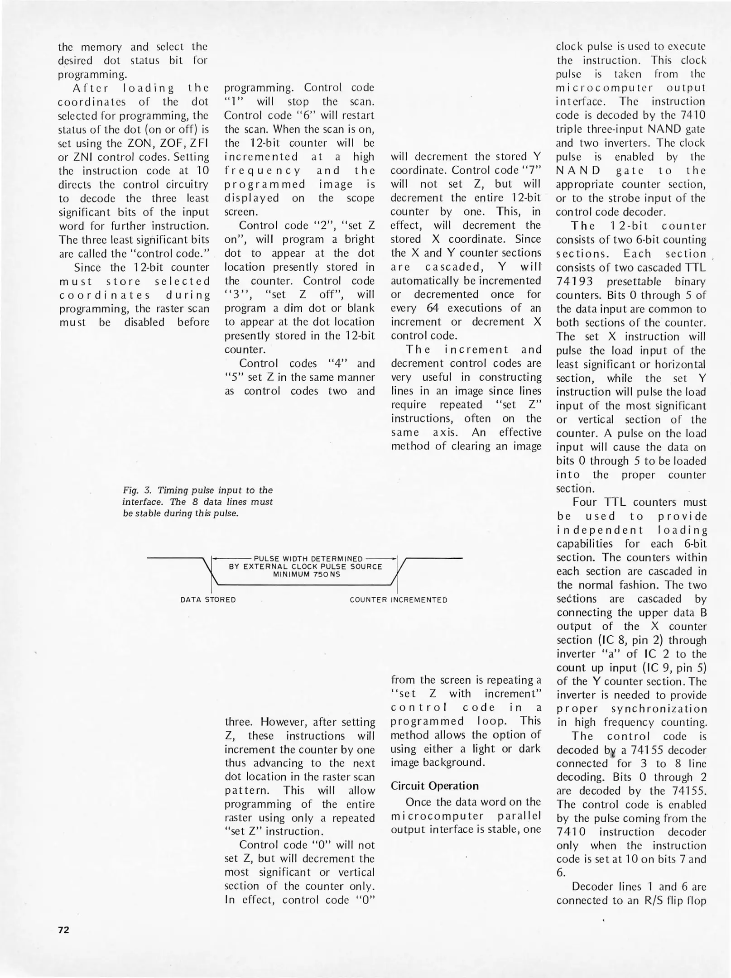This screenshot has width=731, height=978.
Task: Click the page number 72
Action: (63, 930)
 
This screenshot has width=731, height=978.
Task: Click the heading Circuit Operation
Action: (434, 786)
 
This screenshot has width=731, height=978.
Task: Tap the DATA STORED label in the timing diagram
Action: (208, 600)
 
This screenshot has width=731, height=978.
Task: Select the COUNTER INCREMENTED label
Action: (398, 600)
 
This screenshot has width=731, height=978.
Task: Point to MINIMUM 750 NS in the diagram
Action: (306, 575)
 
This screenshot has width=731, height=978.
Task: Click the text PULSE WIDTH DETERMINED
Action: (308, 559)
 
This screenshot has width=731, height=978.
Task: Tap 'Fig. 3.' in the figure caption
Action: (136, 490)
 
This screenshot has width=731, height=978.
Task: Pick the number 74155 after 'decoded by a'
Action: (648, 750)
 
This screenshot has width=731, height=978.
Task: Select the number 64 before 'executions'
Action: (434, 308)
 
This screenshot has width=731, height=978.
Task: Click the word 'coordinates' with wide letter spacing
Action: (105, 295)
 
